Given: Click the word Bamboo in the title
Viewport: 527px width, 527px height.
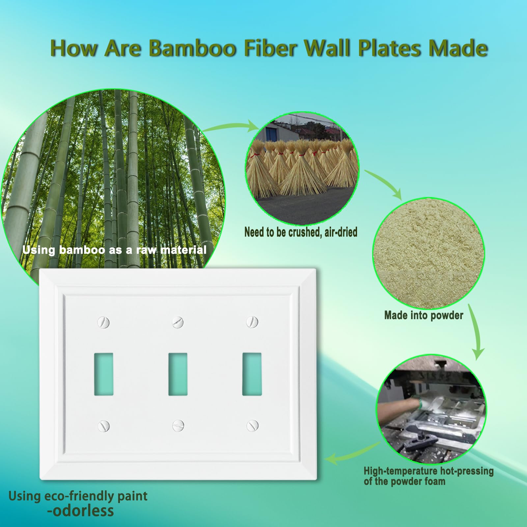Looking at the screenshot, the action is [x=193, y=48].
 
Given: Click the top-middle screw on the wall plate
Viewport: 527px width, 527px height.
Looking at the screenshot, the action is [x=178, y=322].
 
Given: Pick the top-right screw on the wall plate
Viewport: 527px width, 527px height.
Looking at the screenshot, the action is [x=252, y=321].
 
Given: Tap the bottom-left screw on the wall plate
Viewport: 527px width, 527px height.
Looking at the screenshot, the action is [x=104, y=426].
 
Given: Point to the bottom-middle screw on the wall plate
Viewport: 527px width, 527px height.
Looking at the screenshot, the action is [x=178, y=425].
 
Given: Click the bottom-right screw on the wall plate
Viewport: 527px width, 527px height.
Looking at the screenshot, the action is [x=252, y=425].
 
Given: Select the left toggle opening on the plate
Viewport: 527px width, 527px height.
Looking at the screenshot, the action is [x=104, y=374].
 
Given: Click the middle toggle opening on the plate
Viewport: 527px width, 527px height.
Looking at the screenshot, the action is [x=178, y=374].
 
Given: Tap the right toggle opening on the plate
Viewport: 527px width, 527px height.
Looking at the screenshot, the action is [x=252, y=374].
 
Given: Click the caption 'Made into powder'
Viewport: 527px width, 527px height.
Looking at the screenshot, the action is [x=424, y=316].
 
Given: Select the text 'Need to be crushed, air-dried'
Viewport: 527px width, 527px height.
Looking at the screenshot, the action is [x=301, y=232].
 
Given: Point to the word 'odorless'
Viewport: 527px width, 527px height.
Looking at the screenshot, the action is [x=81, y=511].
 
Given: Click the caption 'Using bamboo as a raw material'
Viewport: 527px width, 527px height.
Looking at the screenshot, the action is [x=114, y=250].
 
